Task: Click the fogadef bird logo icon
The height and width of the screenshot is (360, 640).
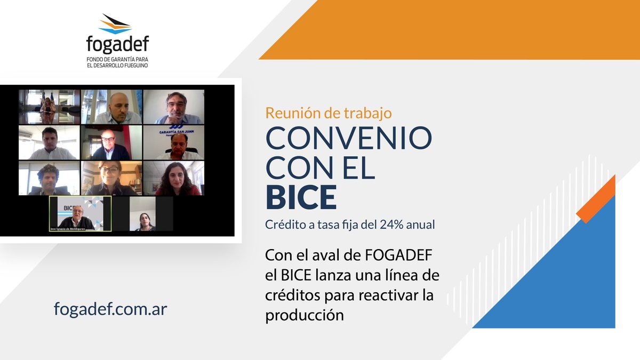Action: (116, 24)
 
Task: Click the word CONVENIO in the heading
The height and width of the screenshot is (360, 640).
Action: (349, 139)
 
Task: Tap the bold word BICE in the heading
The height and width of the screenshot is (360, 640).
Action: (301, 197)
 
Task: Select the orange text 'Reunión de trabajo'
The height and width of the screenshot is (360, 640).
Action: (328, 113)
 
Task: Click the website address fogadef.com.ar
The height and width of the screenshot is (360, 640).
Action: (111, 309)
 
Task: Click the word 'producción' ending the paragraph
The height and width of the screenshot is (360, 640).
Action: (305, 315)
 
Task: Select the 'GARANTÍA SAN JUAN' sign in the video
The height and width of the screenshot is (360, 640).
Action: (173, 132)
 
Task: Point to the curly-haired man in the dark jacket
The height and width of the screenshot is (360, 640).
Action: (48, 180)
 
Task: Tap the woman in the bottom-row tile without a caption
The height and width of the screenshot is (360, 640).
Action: (144, 221)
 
